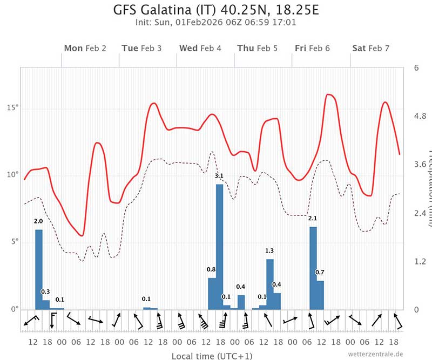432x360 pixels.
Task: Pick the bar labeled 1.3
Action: coord(270,284)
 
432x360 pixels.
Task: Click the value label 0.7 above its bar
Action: coord(320,273)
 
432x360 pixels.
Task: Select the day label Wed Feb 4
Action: coord(200,48)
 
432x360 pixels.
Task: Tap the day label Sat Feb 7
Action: coord(370,48)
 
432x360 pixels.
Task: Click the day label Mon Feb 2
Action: coord(85,48)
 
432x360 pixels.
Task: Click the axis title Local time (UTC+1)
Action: coord(204,356)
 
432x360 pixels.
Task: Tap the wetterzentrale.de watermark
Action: coord(376,354)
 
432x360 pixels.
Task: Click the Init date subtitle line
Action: coord(215,23)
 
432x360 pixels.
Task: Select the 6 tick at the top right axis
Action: coord(416,68)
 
